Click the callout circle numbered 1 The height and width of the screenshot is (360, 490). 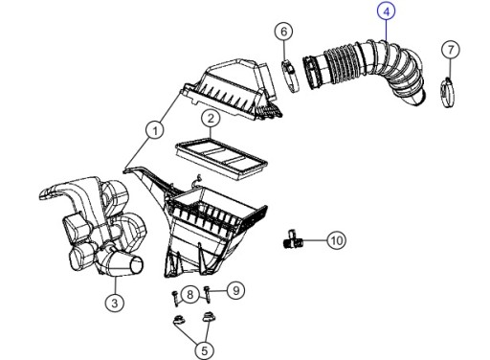point(155,130)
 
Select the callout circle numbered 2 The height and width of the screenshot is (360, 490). point(211,119)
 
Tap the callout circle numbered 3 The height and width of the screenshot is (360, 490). point(115,302)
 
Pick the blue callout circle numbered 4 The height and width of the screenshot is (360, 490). point(387,11)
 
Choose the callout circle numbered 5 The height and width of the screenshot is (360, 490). point(204,350)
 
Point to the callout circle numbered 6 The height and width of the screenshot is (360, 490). point(284,32)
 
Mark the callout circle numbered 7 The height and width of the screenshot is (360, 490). point(451,50)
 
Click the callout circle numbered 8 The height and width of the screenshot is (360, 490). point(189,294)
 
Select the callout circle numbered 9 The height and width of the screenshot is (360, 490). point(235,290)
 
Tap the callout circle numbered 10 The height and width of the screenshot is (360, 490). point(337,240)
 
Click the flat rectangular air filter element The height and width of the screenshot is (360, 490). point(221,157)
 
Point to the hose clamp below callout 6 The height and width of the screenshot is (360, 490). point(290,76)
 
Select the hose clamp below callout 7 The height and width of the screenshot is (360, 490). point(448,93)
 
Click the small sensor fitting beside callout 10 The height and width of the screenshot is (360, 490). point(293,239)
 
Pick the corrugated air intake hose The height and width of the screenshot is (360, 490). point(365,71)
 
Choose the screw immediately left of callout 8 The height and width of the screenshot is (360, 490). point(176,298)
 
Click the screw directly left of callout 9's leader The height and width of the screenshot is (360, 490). point(208,294)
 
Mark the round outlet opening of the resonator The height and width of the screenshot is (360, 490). point(137,266)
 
